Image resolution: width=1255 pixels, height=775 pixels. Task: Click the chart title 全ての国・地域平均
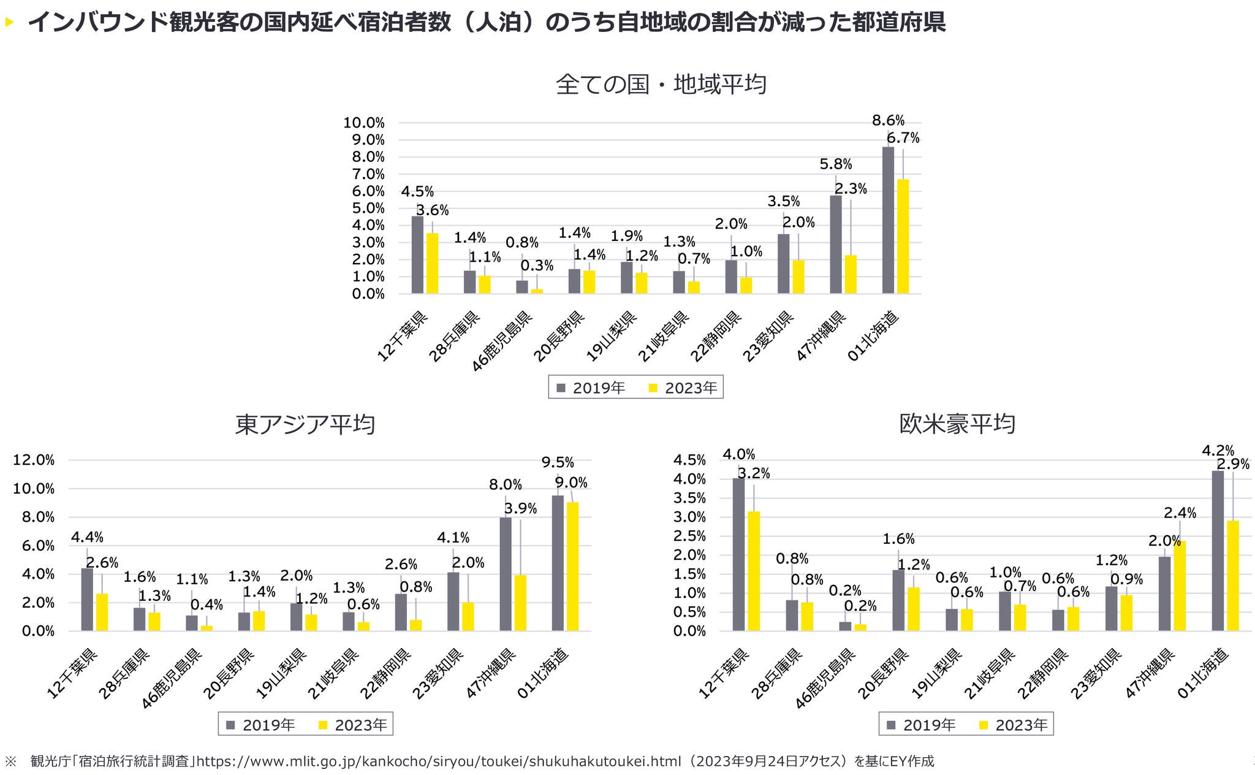pos(661,84)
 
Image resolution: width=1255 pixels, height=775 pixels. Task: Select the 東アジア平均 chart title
pos(305,424)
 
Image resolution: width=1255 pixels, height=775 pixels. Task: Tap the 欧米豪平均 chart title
pos(957,424)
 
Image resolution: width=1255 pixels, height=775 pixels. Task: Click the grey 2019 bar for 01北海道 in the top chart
pos(888,220)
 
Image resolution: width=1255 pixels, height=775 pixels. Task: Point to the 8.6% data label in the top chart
pos(888,121)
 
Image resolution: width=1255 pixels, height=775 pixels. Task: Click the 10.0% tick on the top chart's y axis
pos(364,123)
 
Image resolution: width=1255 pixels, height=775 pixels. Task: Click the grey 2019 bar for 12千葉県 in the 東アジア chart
pos(87,599)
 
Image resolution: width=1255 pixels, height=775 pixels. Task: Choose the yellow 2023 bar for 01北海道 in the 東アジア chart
pos(572,567)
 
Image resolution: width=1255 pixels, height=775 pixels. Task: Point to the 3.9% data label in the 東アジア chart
pos(520,508)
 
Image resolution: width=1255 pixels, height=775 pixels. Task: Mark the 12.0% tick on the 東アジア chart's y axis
pos(34,460)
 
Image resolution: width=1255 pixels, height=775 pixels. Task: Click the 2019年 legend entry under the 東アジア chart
pos(261,725)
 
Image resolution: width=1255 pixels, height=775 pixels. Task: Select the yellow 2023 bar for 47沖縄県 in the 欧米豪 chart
pos(1180,586)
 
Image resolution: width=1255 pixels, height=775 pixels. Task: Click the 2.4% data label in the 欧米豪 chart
pos(1180,513)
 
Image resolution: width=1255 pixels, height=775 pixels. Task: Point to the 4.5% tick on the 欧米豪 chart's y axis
pos(689,460)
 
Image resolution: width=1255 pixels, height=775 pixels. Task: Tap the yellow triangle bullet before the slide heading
pos(9,23)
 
